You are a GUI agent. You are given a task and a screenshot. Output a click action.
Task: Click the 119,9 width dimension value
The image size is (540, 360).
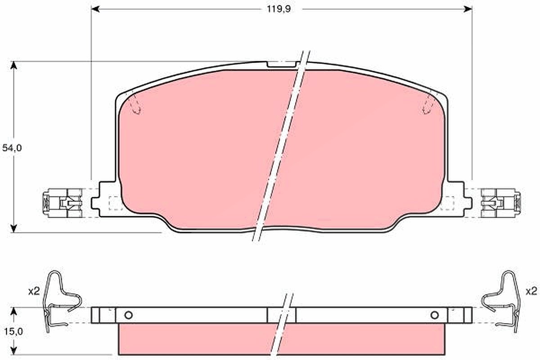[x=279, y=9]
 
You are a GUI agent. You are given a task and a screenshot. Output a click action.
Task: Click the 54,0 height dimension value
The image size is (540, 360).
[x=12, y=148]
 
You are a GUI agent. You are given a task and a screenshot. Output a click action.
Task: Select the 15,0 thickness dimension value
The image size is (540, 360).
[x=13, y=332]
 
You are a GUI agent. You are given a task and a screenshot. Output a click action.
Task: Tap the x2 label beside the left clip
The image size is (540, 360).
[x=34, y=292]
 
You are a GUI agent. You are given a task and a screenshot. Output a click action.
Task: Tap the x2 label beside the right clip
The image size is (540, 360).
[x=531, y=291]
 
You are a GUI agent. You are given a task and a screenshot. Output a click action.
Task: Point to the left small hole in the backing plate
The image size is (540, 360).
[x=129, y=315]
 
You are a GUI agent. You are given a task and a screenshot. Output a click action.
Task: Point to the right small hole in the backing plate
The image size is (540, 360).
[x=435, y=315]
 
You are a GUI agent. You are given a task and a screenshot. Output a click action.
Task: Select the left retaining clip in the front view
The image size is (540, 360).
[x=63, y=203]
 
